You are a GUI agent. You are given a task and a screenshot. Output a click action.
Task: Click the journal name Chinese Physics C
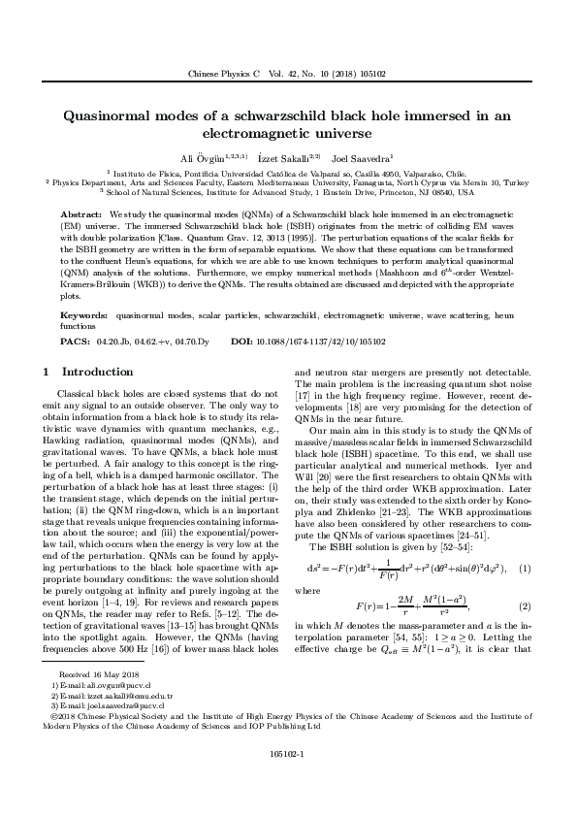point(219,74)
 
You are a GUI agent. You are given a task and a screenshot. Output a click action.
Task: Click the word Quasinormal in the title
point(106,114)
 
